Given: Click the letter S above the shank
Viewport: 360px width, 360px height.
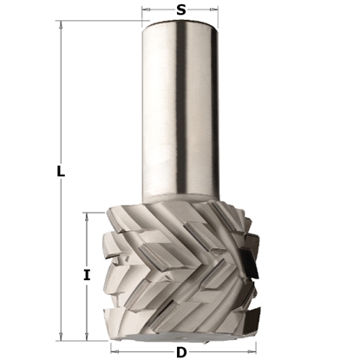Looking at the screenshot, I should pos(180,10).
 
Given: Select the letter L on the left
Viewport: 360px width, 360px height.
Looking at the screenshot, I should pos(60,172).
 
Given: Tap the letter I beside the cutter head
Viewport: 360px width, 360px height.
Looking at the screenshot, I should pos(86,275).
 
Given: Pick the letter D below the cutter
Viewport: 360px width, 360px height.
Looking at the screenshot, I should pos(180,351).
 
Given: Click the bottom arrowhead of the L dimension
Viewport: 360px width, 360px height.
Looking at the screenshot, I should pos(60,336).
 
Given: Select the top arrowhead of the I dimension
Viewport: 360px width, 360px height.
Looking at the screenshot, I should pos(86,215).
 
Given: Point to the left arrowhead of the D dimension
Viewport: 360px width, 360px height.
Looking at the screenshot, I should pos(116,351).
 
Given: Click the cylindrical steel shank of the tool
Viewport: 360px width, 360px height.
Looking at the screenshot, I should pos(180,113).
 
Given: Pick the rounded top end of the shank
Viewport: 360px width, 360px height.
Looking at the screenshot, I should pos(180,27).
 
